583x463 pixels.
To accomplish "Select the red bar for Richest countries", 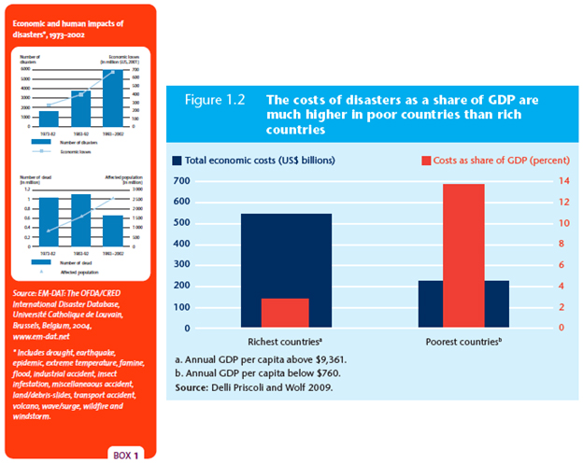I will pyautogui.click(x=284, y=313).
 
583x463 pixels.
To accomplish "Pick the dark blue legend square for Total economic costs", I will pyautogui.click(x=177, y=161).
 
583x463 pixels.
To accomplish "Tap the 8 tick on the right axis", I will pyautogui.click(x=562, y=244).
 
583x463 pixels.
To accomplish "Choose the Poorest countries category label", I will pyautogui.click(x=464, y=341).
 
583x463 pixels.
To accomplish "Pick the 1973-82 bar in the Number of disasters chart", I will pyautogui.click(x=50, y=119).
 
